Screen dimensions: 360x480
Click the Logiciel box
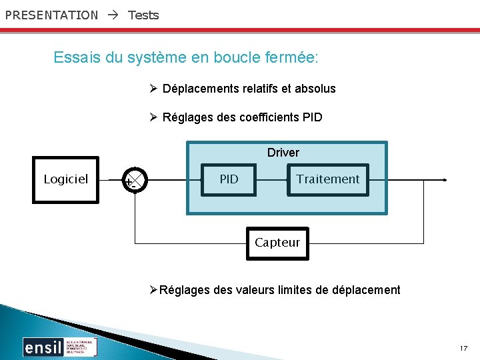coord(66,179)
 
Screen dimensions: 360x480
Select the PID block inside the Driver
coord(229,179)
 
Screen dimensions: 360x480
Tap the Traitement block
coord(327,179)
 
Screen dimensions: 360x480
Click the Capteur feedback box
coord(277,243)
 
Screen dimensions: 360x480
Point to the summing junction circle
coord(135,180)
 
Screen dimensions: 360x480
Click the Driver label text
coord(283,153)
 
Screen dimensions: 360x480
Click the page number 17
coord(464,349)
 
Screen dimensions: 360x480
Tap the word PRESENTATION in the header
coord(51,15)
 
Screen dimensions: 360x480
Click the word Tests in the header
coord(143,15)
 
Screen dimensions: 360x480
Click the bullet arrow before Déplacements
coord(153,89)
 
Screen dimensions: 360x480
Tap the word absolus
coord(315,89)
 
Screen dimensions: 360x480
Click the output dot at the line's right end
coord(445,180)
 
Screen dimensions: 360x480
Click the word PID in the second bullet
coord(312,117)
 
